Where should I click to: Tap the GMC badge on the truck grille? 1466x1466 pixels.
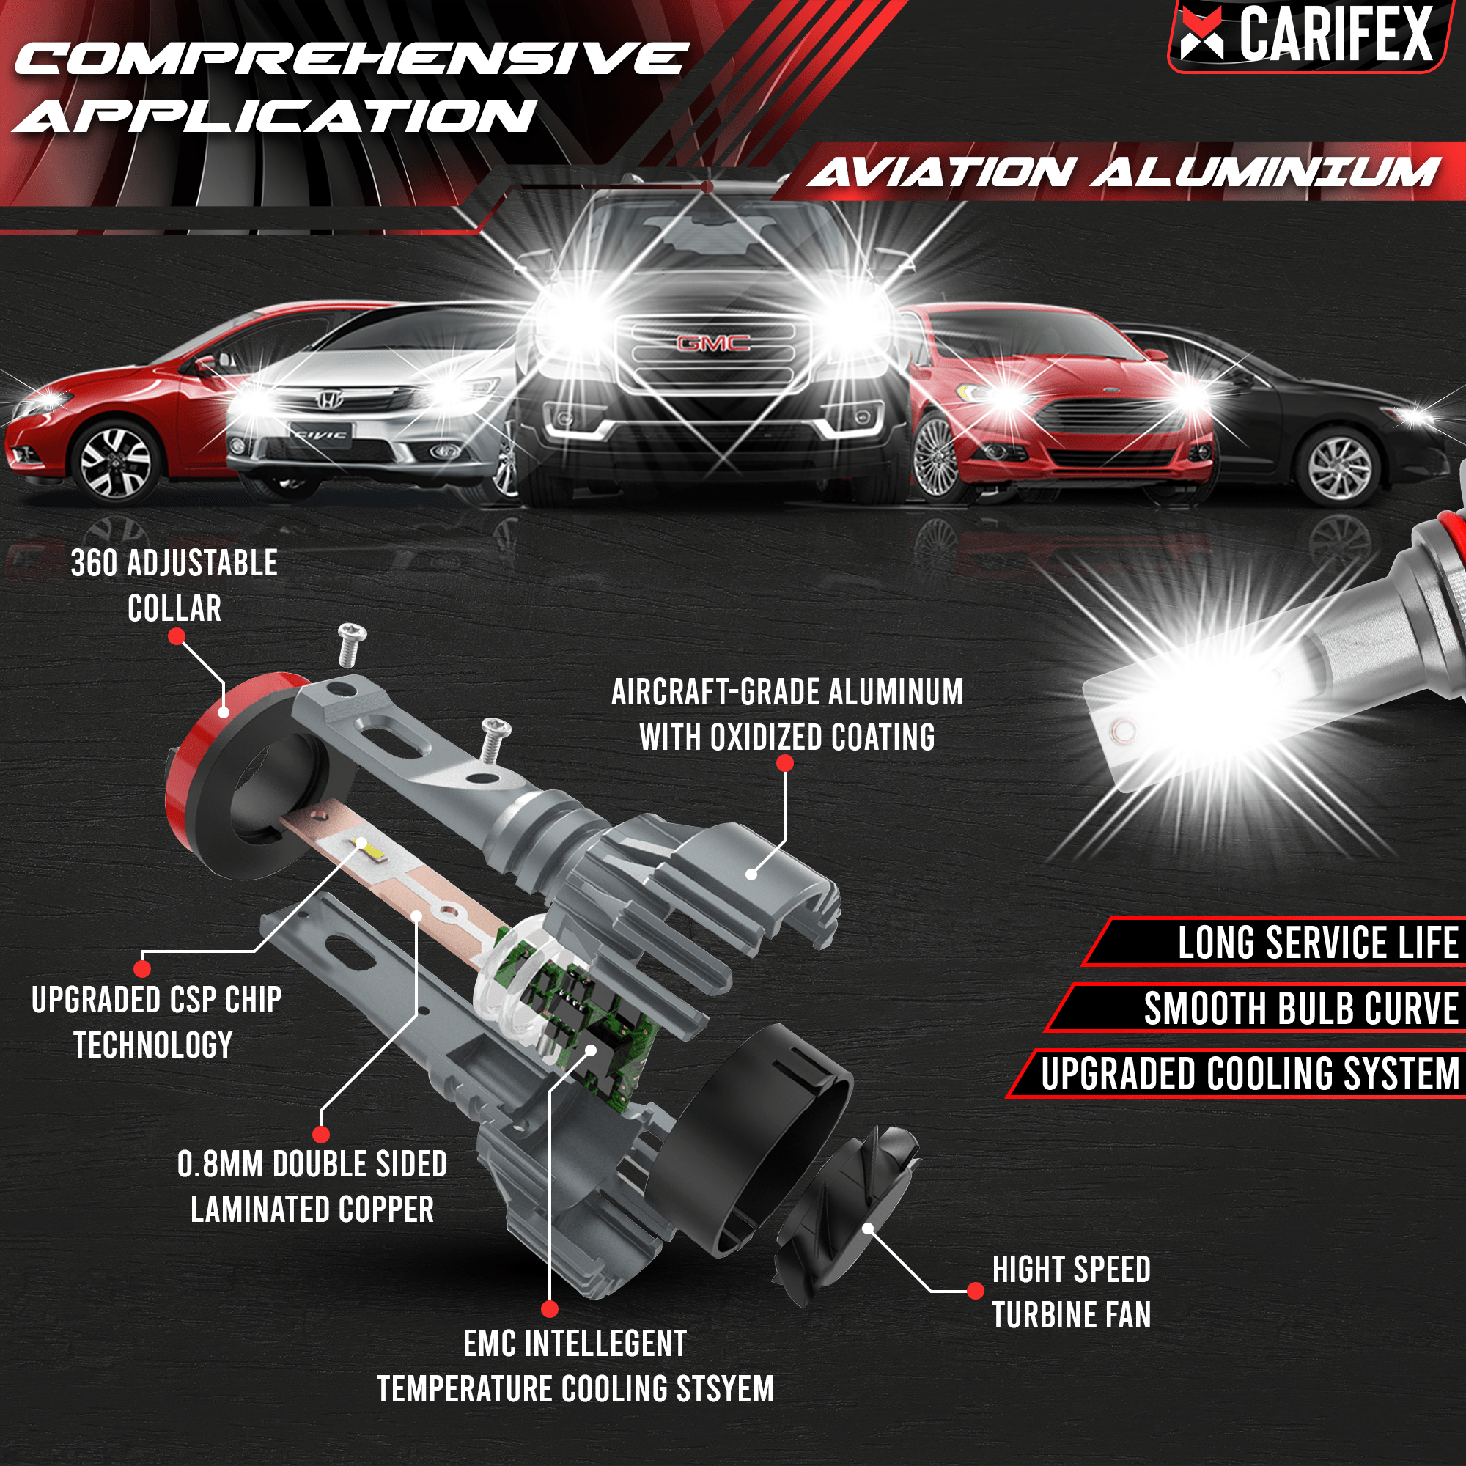coord(712,344)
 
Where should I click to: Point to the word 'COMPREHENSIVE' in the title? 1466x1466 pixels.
coord(349,59)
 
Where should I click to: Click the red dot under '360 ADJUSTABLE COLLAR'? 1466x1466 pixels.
coord(176,637)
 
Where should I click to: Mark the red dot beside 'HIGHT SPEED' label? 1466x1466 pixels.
coord(976,1291)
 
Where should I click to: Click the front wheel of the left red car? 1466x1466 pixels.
coord(115,460)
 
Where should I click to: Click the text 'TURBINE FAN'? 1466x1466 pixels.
coord(1071,1315)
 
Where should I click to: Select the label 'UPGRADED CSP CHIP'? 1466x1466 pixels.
coord(156,999)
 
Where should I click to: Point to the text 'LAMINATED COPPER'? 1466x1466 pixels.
coord(312,1209)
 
